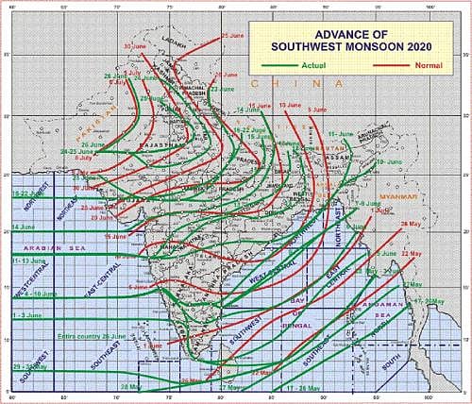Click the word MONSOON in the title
click(x=372, y=45)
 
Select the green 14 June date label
click(x=25, y=228)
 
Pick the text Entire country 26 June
click(x=90, y=337)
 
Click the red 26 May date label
click(x=412, y=224)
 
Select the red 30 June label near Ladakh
click(x=136, y=45)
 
